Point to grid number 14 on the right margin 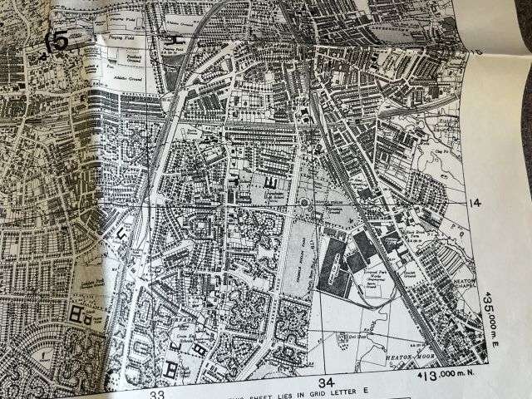pos(475,204)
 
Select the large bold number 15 pos(56,42)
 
